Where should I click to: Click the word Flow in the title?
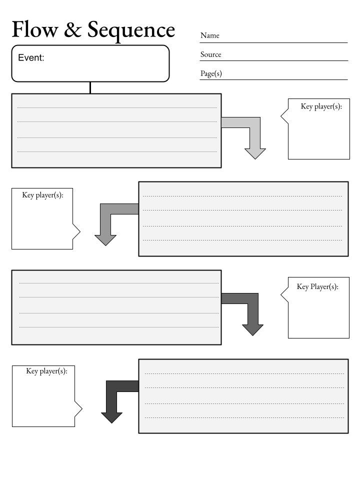pyautogui.click(x=35, y=29)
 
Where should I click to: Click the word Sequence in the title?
pyautogui.click(x=131, y=30)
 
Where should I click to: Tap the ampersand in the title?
pyautogui.click(x=72, y=29)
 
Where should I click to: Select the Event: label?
pyautogui.click(x=31, y=57)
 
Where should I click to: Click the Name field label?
pyautogui.click(x=209, y=35)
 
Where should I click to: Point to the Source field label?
pyautogui.click(x=210, y=54)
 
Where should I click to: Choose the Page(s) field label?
pyautogui.click(x=211, y=74)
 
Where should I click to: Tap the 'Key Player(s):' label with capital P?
pyautogui.click(x=317, y=287)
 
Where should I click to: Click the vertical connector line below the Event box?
pyautogui.click(x=90, y=87)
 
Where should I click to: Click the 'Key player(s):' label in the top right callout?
pyautogui.click(x=321, y=106)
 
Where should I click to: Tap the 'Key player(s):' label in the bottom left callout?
pyautogui.click(x=46, y=371)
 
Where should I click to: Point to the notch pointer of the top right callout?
pyautogui.click(x=284, y=116)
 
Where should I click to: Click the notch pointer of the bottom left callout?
pyautogui.click(x=78, y=408)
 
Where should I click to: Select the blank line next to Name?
pyautogui.click(x=273, y=42)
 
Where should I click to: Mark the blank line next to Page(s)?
pyautogui.click(x=273, y=79)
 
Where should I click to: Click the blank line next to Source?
pyautogui.click(x=274, y=60)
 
